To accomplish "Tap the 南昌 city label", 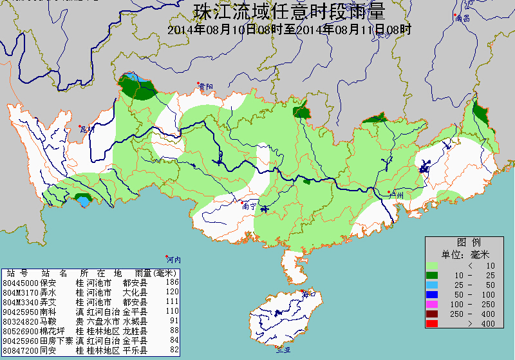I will tap(462, 18).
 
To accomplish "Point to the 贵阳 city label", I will tap(205, 86).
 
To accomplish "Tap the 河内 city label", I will tap(173, 260).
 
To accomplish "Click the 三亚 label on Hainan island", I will tap(283, 350).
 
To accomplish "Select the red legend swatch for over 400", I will tap(431, 323).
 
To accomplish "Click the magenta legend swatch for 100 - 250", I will tap(431, 304).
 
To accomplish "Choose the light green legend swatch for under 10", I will tap(431, 265).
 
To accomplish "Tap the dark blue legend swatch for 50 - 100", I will tap(431, 294).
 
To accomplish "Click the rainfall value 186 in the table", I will tap(172, 282).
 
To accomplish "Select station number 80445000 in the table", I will tap(21, 282).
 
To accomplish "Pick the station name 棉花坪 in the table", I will tap(51, 330).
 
